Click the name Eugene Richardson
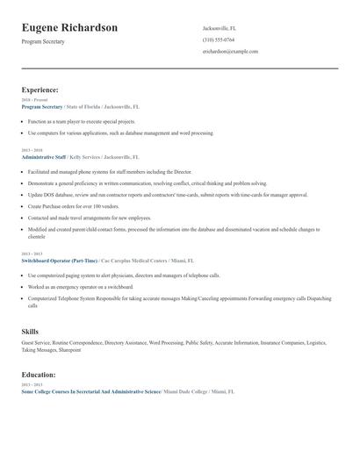(69, 27)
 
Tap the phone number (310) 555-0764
(219, 39)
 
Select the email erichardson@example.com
(230, 52)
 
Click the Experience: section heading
(40, 89)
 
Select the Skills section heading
(30, 331)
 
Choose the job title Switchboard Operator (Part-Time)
(60, 261)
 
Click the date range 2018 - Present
(33, 100)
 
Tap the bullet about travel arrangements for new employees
(89, 217)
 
